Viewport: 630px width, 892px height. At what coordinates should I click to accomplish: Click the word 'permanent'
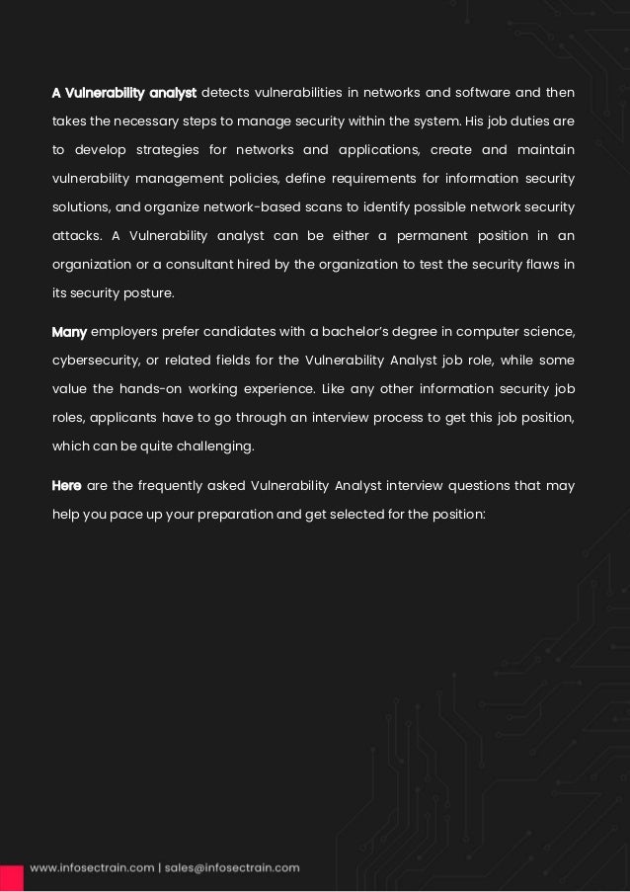tap(443, 236)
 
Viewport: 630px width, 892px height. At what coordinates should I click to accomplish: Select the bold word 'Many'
tap(69, 331)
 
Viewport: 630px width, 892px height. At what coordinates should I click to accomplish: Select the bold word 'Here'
tap(67, 485)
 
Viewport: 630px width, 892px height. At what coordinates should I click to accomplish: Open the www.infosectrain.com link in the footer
tap(92, 868)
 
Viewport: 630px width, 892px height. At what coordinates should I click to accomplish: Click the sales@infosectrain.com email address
tap(233, 868)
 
